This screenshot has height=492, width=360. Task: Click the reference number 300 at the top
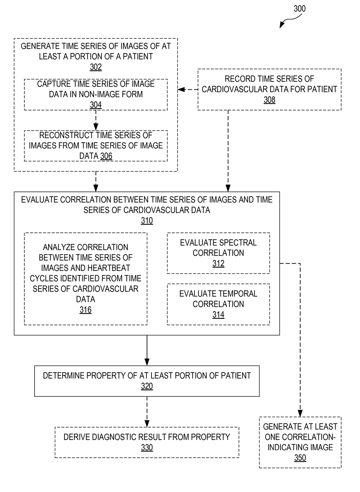299,9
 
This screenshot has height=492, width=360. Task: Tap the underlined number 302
96,67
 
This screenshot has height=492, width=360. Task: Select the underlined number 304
96,105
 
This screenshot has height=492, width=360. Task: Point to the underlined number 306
106,156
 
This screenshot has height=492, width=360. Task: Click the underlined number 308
269,100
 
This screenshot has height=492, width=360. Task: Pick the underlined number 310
147,221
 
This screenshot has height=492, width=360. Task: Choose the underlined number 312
218,263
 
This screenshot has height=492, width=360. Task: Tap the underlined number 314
218,315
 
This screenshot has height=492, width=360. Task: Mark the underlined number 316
85,310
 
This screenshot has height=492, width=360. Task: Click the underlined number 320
147,386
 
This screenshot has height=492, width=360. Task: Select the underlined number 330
147,448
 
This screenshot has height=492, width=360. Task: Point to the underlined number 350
300,458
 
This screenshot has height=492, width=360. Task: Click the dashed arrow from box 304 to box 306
96,120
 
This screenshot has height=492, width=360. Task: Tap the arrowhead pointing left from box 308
181,90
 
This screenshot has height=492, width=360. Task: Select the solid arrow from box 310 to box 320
147,350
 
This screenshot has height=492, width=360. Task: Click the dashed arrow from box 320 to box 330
147,412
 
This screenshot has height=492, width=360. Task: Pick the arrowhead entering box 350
300,414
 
